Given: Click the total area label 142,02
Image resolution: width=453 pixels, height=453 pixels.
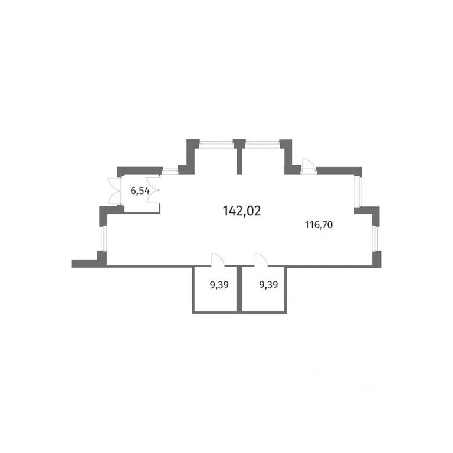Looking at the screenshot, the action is click(x=242, y=211).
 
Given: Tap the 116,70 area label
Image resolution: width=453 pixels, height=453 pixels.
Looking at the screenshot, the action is click(x=319, y=225).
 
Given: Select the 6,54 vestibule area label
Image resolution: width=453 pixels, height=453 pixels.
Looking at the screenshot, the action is click(x=140, y=191).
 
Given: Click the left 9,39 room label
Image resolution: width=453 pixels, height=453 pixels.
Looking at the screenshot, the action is click(x=219, y=285).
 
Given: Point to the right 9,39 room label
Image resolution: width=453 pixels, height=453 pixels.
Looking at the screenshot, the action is click(x=268, y=285).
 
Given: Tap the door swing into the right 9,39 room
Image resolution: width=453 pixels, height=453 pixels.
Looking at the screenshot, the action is click(x=261, y=259).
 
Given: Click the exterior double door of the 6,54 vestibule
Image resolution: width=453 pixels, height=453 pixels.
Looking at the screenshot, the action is click(x=114, y=191).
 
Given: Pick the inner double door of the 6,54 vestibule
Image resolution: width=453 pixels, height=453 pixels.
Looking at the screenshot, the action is click(x=153, y=191).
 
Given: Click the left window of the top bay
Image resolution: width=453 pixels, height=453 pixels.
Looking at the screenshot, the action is click(x=216, y=144).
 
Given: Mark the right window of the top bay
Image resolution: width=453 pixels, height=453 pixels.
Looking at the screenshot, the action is click(x=262, y=144).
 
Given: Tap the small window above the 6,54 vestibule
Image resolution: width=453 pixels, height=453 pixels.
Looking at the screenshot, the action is click(x=170, y=170).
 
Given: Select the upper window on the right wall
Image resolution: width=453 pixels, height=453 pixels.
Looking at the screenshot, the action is click(x=358, y=191).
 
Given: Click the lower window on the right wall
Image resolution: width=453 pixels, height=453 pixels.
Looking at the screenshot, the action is click(x=375, y=238).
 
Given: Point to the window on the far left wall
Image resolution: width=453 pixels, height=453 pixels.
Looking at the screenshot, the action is click(x=103, y=238).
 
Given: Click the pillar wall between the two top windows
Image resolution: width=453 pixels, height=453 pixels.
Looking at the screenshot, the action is click(x=239, y=156).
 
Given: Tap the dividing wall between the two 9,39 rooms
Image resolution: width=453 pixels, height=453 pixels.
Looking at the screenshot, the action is click(x=239, y=289).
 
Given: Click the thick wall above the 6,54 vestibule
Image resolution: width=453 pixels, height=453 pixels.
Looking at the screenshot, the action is click(x=140, y=170).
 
